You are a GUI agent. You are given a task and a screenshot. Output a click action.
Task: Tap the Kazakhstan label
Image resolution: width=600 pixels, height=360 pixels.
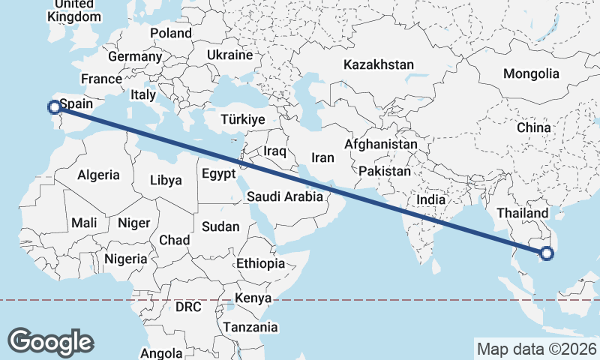pos(379,65)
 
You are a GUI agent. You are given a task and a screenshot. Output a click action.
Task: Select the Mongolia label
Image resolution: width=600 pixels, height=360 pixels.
pos(531,73)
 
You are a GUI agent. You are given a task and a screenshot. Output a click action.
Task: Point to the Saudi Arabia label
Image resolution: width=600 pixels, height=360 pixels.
pos(284,197)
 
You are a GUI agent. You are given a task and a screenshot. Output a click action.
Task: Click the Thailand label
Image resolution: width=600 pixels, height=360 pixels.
pos(523,213)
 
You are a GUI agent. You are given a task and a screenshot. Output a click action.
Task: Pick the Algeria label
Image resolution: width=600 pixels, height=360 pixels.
pos(98,175)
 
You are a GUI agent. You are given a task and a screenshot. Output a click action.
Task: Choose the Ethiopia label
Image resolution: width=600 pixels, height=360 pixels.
pos(260,263)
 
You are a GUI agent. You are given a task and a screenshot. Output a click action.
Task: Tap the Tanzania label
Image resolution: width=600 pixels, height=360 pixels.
pos(250,327)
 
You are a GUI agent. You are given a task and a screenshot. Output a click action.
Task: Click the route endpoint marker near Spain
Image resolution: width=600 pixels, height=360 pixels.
pos(54,107)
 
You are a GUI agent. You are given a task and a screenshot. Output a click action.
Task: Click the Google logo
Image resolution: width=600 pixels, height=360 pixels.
pos(50,341)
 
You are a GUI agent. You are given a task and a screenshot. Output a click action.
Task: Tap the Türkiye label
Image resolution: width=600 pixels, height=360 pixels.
pos(243,120)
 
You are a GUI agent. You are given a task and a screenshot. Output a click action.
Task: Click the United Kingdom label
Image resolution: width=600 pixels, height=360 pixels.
pos(73,10)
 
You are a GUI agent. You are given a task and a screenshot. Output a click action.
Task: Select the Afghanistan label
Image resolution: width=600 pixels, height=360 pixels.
pos(381,144)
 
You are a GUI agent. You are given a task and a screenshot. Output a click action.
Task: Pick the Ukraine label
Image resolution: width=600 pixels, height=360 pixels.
pos(229,55)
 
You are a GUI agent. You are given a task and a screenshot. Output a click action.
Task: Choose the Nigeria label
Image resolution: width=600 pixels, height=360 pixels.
pos(124,259)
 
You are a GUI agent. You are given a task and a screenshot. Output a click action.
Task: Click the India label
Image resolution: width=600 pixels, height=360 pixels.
pos(430,200)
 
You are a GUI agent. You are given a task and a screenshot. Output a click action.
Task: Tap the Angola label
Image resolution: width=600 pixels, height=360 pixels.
pos(161,353)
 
